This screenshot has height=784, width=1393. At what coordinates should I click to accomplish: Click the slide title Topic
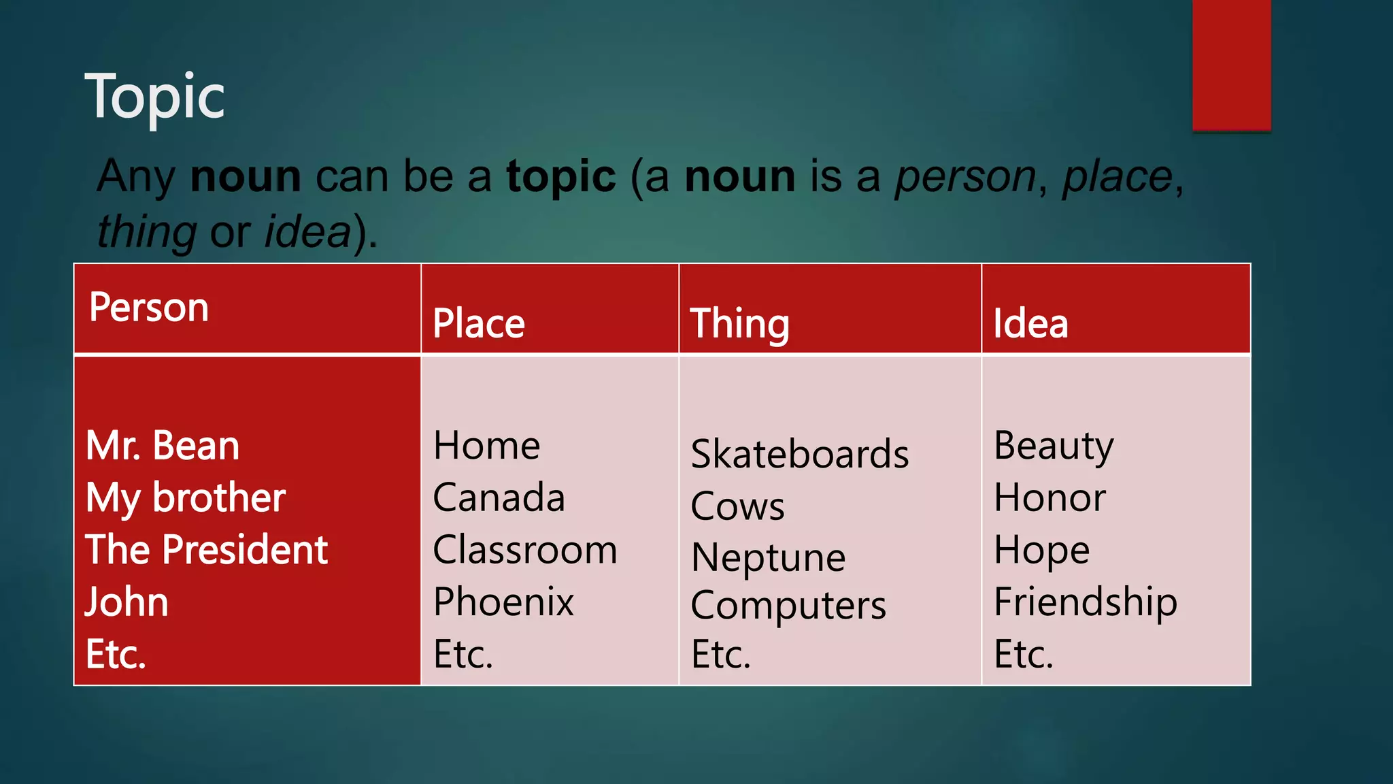pos(154,97)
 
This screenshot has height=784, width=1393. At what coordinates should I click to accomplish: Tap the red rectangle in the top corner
pos(1231,65)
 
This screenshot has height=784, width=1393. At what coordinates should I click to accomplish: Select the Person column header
pos(149,308)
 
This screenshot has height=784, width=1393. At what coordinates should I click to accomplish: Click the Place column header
pos(479,323)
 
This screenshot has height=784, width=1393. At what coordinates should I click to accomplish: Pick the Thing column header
pos(739,323)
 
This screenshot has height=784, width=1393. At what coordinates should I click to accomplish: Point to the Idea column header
pos(1030,323)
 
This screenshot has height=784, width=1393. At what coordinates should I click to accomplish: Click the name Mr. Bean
pos(163,446)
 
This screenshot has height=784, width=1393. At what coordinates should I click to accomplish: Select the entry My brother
pos(186,498)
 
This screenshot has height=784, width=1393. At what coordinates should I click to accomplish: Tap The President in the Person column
pos(207,550)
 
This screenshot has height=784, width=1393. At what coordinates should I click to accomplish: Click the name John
pos(127,602)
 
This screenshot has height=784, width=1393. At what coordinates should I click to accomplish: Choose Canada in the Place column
pos(499,497)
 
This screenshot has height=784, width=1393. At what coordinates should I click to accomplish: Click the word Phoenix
pos(504,602)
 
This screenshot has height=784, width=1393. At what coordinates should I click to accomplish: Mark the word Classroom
pos(525,550)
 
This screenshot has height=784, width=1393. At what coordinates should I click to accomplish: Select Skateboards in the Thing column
pos(800,454)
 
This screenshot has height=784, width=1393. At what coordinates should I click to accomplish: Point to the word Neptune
pos(769,558)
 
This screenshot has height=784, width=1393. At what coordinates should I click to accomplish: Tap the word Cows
pos(738,506)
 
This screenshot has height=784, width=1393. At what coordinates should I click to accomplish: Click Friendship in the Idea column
pos(1086,602)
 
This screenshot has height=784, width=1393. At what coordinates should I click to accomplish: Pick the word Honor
pos(1050,497)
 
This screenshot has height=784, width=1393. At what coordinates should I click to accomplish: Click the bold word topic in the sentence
pos(561,176)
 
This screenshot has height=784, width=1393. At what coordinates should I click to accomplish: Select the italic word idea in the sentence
pos(307,232)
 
